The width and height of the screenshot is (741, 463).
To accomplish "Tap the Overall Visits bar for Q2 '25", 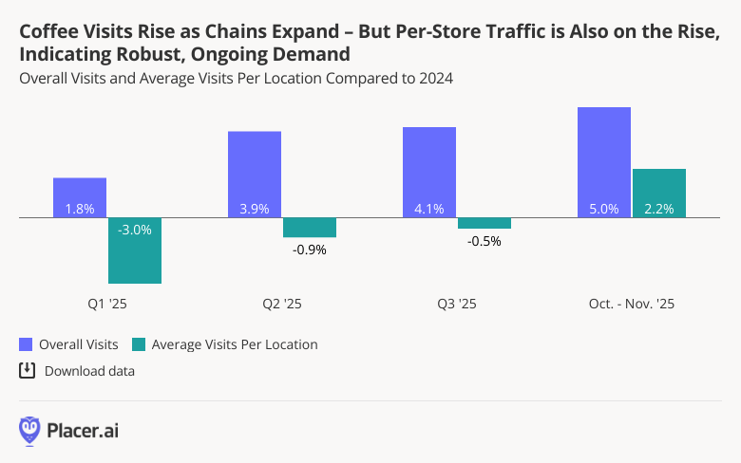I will click(x=255, y=175).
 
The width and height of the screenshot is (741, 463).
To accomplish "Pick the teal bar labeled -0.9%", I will click(x=310, y=228).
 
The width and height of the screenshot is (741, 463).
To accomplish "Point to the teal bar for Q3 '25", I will click(x=484, y=224).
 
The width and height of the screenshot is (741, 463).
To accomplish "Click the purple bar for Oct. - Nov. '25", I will click(x=604, y=162).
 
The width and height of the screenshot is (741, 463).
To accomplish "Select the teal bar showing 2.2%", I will click(x=659, y=194).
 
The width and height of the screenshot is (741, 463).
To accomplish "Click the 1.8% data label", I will click(x=80, y=209).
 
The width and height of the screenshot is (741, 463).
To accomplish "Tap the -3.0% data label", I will click(x=135, y=228).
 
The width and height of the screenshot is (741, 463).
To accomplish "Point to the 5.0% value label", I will click(x=604, y=209).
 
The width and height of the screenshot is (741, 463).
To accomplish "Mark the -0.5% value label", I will click(x=484, y=241).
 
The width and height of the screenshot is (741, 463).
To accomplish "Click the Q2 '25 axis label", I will click(x=282, y=305).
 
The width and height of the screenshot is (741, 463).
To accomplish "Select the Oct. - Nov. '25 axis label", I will click(x=632, y=305).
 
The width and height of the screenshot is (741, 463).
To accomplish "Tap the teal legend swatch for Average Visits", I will click(x=140, y=344).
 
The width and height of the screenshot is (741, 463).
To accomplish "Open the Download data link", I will click(x=89, y=371).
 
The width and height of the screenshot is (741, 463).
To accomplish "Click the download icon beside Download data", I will click(x=28, y=370).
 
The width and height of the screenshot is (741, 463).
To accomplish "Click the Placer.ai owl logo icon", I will click(x=29, y=430).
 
